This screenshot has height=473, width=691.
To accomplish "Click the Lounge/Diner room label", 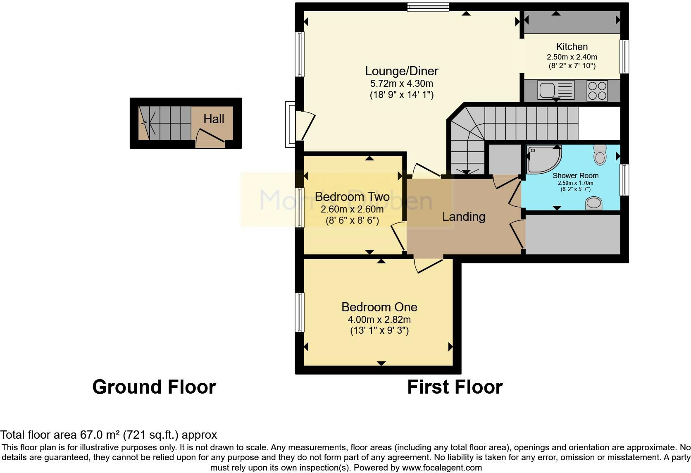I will (401, 71).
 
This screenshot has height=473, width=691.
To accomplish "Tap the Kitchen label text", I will (572, 47).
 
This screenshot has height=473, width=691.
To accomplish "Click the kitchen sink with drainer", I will (556, 90).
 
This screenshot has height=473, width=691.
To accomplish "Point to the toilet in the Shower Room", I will (599, 155).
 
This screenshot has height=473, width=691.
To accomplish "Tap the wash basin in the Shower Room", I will (594, 203).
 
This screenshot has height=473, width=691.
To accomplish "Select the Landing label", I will (463, 217).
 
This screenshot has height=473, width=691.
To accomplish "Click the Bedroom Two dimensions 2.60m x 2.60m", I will (352, 209).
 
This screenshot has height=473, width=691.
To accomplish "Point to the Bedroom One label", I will (379, 307).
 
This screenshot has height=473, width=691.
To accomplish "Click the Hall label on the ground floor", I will (214, 119).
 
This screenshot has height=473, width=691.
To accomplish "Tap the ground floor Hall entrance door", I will (210, 137).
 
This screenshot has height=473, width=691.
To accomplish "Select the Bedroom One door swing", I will (428, 265).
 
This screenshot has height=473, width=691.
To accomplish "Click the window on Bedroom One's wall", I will (300, 312).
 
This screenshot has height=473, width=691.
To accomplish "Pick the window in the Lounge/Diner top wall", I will (428, 7).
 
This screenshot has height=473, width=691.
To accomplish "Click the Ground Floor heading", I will (154, 387).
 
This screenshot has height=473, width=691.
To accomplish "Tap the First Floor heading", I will (455, 387).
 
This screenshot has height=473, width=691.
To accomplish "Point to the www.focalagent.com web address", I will (442, 468).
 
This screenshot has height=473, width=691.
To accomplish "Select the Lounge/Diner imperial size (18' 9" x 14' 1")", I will (401, 95).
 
